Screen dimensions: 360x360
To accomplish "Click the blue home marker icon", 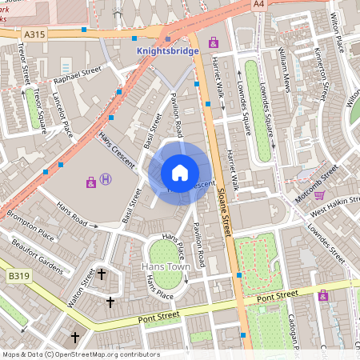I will click(x=180, y=172).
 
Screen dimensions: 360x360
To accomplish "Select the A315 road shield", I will click(x=34, y=34).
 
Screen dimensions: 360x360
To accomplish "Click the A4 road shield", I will click(x=258, y=4).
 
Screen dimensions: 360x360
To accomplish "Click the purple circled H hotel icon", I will click(x=106, y=182).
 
